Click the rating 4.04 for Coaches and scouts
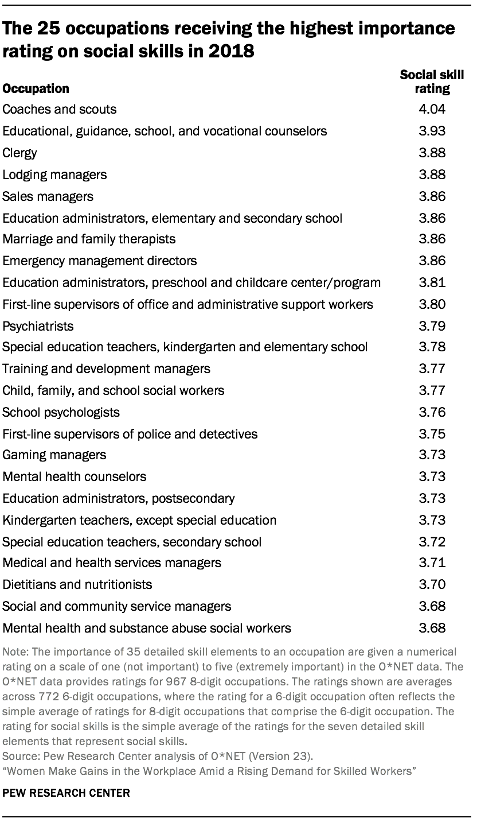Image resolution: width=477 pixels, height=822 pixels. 432,109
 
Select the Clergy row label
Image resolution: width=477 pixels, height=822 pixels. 19,153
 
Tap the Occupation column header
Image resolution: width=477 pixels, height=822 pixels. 36,88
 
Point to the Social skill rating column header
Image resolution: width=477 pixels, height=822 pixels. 432,82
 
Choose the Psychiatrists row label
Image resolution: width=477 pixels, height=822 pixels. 38,326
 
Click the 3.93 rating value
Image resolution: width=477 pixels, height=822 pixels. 432,131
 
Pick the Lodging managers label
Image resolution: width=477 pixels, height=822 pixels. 54,174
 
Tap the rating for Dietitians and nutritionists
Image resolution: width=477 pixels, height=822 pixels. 432,584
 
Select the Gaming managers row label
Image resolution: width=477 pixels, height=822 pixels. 54,455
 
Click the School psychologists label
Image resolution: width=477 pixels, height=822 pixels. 61,412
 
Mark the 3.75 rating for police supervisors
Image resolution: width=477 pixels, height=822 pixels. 432,433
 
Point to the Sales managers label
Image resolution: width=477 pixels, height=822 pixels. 48,196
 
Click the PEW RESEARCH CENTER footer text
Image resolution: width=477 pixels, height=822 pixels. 66,793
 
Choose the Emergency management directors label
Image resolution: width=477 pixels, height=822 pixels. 99,261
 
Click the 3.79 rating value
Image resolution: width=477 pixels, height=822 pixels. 432,326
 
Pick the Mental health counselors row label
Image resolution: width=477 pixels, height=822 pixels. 74,476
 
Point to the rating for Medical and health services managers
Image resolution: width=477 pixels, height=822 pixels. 432,563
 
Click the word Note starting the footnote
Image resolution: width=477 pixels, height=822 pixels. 14,653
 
